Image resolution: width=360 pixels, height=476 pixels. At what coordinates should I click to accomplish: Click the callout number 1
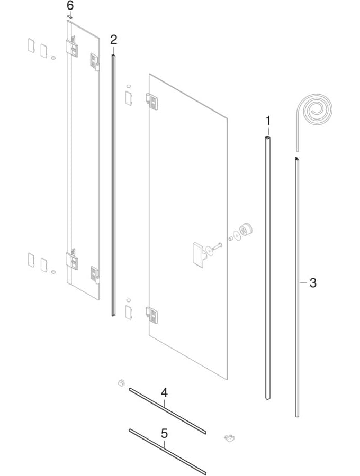pyautogui.click(x=268, y=121)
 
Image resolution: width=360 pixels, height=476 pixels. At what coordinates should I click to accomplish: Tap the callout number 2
pyautogui.click(x=113, y=40)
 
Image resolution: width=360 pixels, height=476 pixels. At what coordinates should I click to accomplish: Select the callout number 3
pyautogui.click(x=313, y=283)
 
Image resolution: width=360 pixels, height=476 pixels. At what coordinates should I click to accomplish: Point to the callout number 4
pyautogui.click(x=164, y=393)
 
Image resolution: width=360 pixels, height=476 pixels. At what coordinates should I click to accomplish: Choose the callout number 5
pyautogui.click(x=164, y=434)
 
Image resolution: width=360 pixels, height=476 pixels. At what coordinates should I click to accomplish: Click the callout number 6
pyautogui.click(x=70, y=6)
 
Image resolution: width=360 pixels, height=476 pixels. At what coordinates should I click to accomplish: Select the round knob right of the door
pyautogui.click(x=246, y=230)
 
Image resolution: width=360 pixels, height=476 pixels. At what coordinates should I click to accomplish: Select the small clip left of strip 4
pyautogui.click(x=121, y=382)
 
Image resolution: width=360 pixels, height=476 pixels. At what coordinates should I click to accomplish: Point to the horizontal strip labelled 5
pyautogui.click(x=167, y=452)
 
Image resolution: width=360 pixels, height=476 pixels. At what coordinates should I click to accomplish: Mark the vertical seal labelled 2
pyautogui.click(x=113, y=186)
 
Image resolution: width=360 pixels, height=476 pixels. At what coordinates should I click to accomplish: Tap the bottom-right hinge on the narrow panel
pyautogui.click(x=94, y=274)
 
